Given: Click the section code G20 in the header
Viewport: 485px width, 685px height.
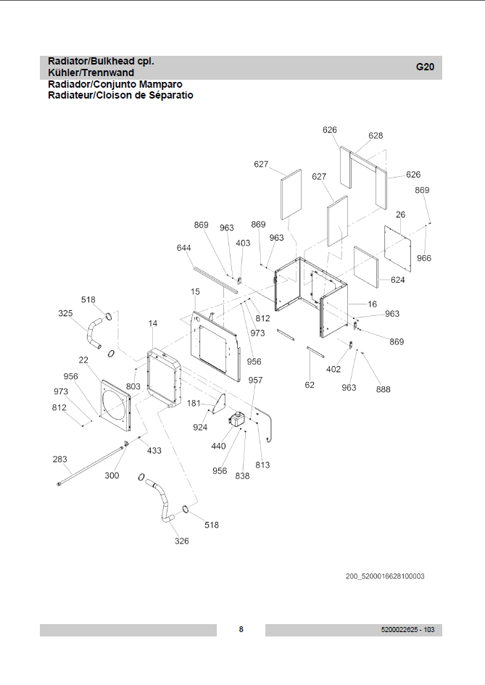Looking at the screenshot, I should pyautogui.click(x=425, y=67).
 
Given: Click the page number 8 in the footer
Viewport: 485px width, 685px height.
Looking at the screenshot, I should pyautogui.click(x=241, y=629).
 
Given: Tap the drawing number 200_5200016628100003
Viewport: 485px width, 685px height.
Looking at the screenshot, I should pyautogui.click(x=385, y=576).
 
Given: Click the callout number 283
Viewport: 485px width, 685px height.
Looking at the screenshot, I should pyautogui.click(x=60, y=460).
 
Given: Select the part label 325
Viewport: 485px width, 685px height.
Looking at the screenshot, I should pyautogui.click(x=65, y=314).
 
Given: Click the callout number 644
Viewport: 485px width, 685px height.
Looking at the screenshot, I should pyautogui.click(x=184, y=248).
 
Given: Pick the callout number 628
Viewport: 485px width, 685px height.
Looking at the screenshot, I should pyautogui.click(x=376, y=136).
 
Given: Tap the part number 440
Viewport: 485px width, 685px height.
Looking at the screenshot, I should pyautogui.click(x=218, y=447).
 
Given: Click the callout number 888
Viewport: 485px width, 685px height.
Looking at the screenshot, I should pyautogui.click(x=383, y=389).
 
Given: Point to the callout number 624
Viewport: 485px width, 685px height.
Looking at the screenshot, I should pyautogui.click(x=397, y=280).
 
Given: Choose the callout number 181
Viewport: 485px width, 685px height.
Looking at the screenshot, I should pyautogui.click(x=194, y=403).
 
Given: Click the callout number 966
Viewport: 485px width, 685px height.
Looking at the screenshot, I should pyautogui.click(x=424, y=258).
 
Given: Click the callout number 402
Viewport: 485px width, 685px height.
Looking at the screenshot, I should pyautogui.click(x=333, y=369).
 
